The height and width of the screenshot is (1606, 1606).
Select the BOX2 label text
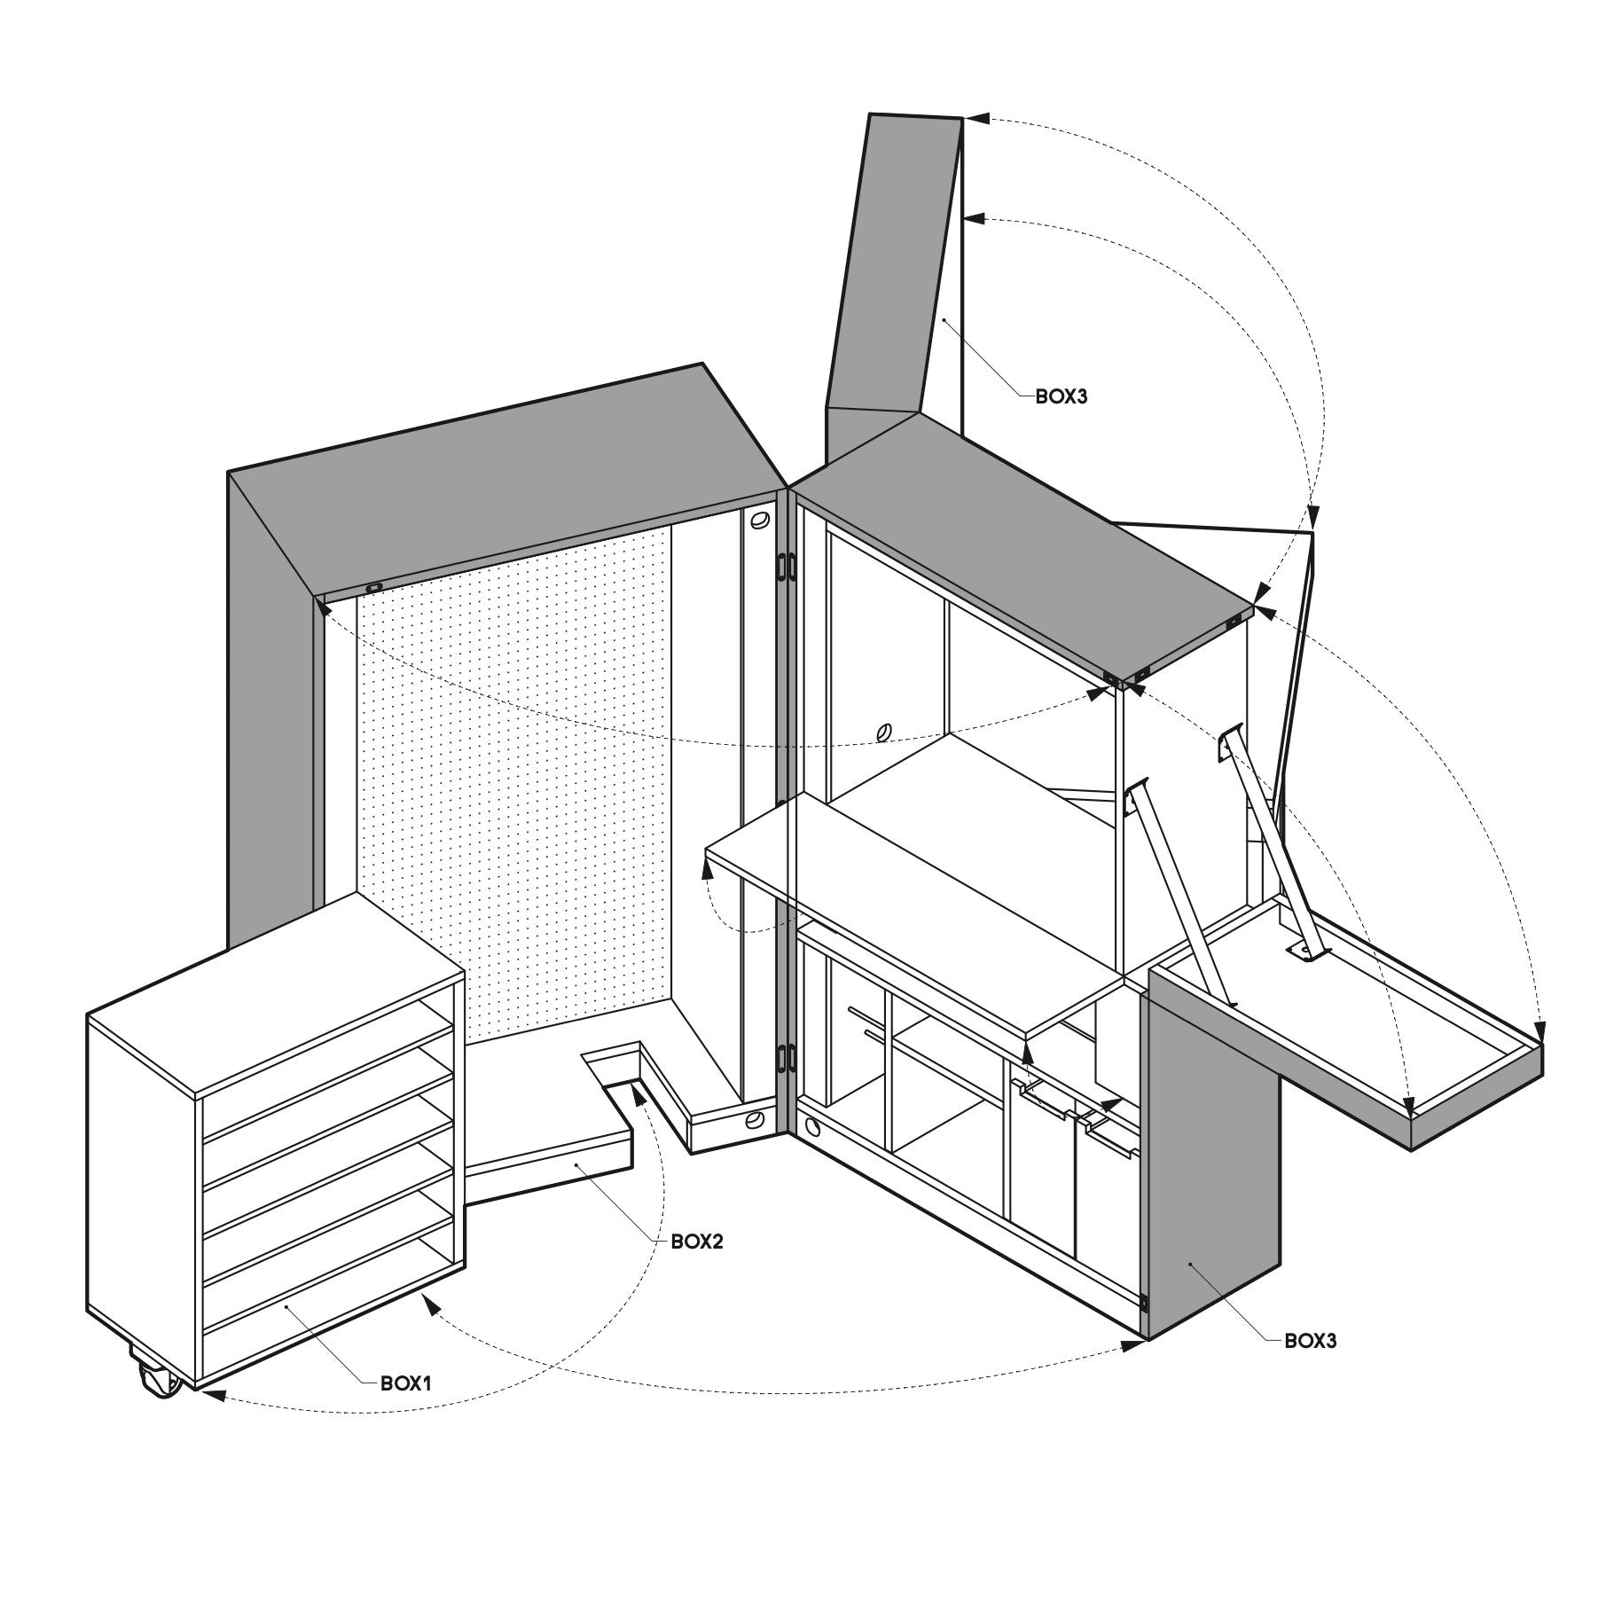click(697, 1242)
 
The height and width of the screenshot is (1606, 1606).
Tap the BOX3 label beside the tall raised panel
click(1062, 396)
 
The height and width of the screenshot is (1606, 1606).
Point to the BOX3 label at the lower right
click(1311, 1341)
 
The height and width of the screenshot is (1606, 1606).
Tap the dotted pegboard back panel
click(514, 789)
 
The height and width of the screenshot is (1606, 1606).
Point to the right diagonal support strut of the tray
click(1271, 846)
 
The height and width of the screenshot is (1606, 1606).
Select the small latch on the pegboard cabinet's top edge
click(375, 587)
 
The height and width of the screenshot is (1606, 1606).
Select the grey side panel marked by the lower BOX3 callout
click(1213, 1153)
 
